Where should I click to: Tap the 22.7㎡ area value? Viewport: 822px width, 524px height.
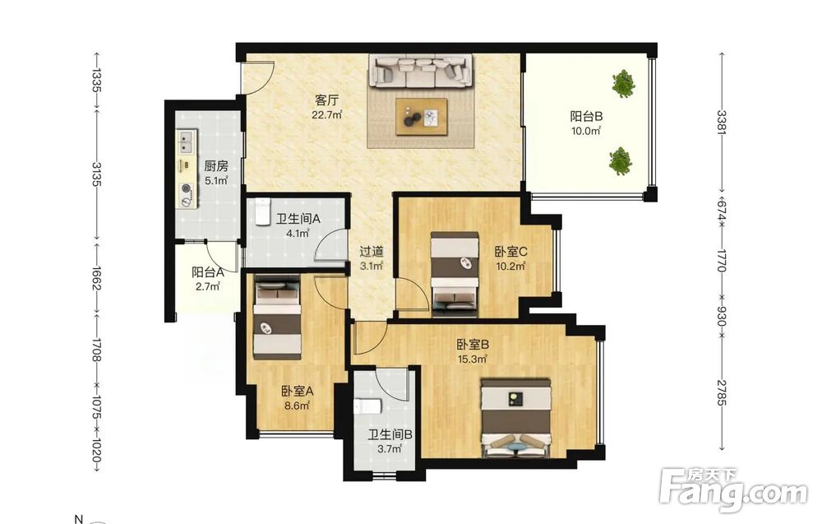tap(327, 114)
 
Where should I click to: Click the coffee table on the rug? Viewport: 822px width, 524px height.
tap(422, 117)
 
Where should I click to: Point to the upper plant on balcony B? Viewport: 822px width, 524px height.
tap(623, 83)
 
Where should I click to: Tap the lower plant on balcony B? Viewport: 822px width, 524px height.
tap(620, 160)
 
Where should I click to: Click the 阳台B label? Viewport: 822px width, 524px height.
tap(586, 116)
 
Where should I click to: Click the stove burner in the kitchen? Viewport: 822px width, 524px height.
tap(186, 188)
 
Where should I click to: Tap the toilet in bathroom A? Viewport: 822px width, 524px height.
tap(262, 211)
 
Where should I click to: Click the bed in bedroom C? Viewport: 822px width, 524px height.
tap(455, 274)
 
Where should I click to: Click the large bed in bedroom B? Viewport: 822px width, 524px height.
tap(516, 418)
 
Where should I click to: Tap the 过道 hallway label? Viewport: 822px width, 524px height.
tap(372, 252)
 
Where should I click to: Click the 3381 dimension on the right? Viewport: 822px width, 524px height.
tap(722, 122)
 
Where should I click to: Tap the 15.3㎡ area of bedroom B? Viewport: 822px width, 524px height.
tap(472, 359)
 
